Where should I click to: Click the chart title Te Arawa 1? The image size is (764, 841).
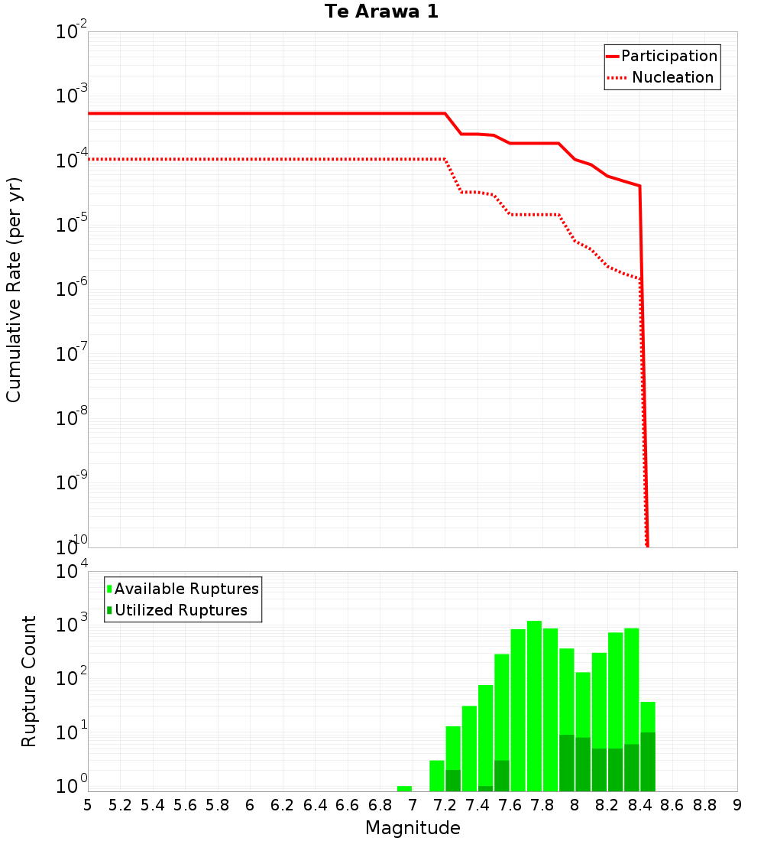381,12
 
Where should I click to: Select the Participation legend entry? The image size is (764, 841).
669,56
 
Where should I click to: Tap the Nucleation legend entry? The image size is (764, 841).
672,77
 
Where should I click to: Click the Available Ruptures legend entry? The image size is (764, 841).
186,589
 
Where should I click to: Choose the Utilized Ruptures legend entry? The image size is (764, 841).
180,610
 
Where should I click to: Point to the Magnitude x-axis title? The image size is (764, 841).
413,828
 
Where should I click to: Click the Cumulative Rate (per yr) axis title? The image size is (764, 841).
14,289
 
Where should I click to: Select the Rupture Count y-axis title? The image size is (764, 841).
29,681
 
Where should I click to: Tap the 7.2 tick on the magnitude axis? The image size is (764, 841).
445,805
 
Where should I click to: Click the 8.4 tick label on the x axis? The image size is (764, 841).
639,805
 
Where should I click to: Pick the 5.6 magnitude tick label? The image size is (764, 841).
185,805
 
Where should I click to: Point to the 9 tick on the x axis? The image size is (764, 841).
737,805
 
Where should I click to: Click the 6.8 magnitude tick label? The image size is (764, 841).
380,805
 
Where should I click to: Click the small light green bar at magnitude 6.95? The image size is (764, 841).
404,788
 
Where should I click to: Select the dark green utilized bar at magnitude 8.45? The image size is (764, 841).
648,761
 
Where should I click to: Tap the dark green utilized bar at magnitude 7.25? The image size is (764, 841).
453,781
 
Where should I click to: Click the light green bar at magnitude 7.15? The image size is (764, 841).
437,776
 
